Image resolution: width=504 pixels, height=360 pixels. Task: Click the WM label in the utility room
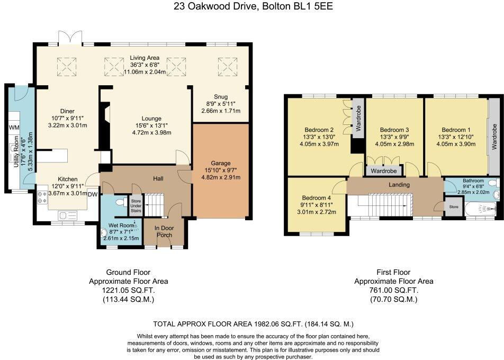(x=13, y=128)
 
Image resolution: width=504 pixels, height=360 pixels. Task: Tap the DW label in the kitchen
(x=93, y=194)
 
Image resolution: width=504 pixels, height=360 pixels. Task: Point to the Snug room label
(x=221, y=97)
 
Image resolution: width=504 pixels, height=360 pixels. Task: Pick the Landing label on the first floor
(x=399, y=185)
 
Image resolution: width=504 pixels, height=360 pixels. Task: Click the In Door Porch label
(x=164, y=232)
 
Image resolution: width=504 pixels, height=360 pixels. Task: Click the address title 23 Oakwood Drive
(x=251, y=6)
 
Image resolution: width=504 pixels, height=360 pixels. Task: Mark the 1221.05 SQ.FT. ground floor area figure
(x=128, y=290)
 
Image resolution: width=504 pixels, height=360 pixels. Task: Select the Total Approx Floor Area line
(x=253, y=323)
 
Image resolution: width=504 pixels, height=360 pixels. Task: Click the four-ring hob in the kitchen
(x=41, y=197)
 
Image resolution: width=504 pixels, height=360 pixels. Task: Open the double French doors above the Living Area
(x=70, y=38)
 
